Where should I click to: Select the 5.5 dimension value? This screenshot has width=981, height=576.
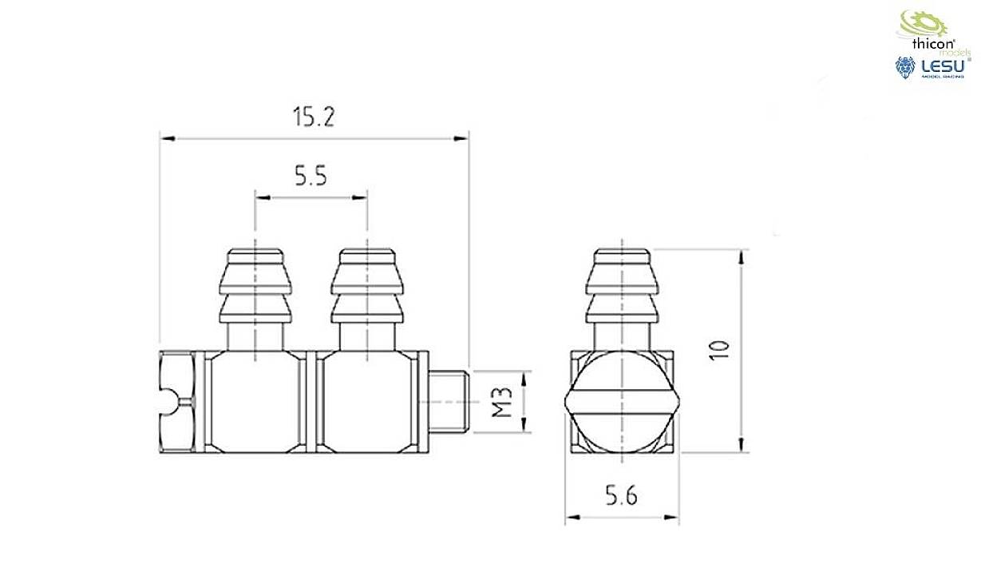pyautogui.click(x=310, y=176)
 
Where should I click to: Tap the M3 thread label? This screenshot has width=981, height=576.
pyautogui.click(x=500, y=403)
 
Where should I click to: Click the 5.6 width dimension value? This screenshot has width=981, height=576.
pyautogui.click(x=621, y=497)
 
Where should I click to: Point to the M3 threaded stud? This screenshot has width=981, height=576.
pyautogui.click(x=452, y=402)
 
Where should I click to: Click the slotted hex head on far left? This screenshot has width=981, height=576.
pyautogui.click(x=176, y=402)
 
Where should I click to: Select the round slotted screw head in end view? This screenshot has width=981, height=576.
pyautogui.click(x=622, y=401)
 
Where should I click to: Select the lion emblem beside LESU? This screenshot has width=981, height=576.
pyautogui.click(x=905, y=69)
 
